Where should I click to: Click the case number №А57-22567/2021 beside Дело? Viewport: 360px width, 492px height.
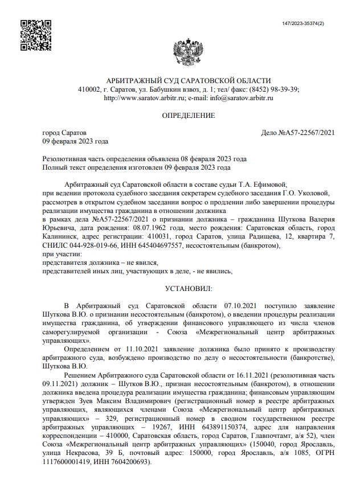click(x=305, y=133)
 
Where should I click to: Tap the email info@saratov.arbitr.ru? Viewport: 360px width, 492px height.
click(x=242, y=98)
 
